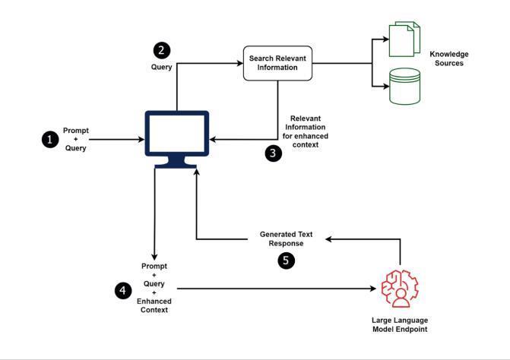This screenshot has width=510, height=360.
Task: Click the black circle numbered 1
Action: coord(50,140)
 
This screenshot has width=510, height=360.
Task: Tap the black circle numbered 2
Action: coord(161,51)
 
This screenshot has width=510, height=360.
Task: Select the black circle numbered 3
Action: coord(274,153)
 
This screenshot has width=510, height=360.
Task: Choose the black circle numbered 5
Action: coord(286,259)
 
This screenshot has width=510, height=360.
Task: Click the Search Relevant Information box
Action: coord(277,63)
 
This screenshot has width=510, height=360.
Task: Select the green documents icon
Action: coord(404,39)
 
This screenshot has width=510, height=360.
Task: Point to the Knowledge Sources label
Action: coord(448,58)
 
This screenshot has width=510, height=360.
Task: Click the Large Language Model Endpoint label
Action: coord(400,324)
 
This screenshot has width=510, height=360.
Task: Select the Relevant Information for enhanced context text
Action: coord(309,131)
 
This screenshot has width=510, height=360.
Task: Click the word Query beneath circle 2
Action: coord(161,67)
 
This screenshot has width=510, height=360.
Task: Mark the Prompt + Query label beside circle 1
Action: coord(76,140)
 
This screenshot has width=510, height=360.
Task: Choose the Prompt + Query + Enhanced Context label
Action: coord(154,289)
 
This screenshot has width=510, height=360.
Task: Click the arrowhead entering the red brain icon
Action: coord(375,289)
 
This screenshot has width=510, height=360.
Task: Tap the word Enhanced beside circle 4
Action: coord(154,302)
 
